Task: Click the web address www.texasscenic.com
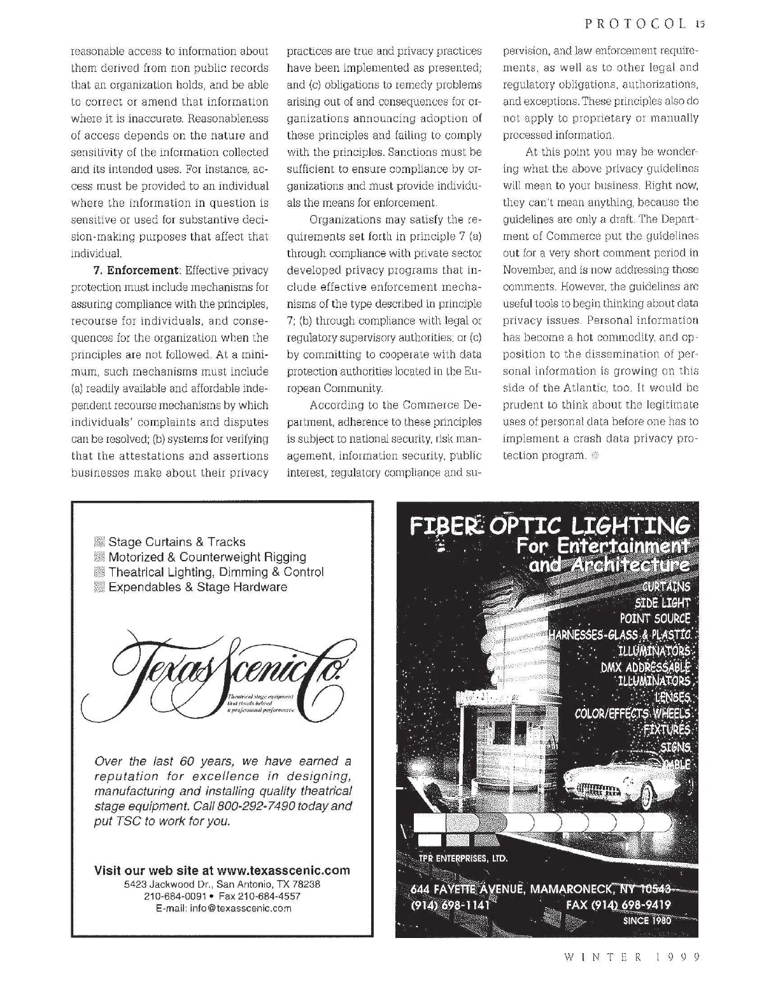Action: [x=283, y=870]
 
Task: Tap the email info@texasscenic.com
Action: [x=223, y=908]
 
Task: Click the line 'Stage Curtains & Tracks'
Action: [x=176, y=542]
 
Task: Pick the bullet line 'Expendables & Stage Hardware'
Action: [x=197, y=587]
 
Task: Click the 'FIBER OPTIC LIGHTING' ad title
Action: [x=550, y=526]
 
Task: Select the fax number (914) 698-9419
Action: [x=618, y=904]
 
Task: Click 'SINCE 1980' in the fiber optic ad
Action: [x=646, y=920]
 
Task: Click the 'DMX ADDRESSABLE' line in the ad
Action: [x=644, y=667]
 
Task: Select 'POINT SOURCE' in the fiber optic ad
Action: [x=654, y=618]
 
